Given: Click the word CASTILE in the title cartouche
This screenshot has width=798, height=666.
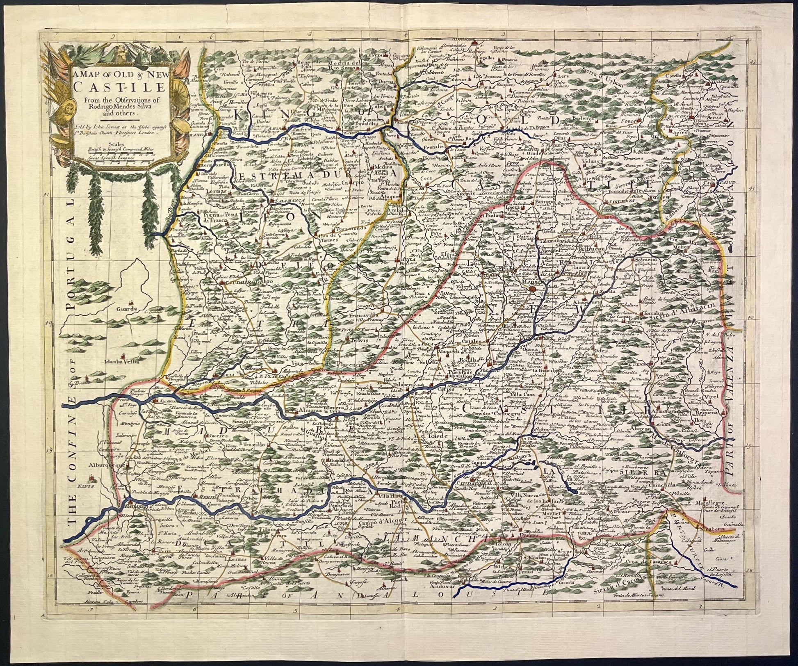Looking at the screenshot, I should [x=119, y=87].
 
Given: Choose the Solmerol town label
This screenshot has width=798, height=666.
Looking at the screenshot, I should [x=647, y=260].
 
